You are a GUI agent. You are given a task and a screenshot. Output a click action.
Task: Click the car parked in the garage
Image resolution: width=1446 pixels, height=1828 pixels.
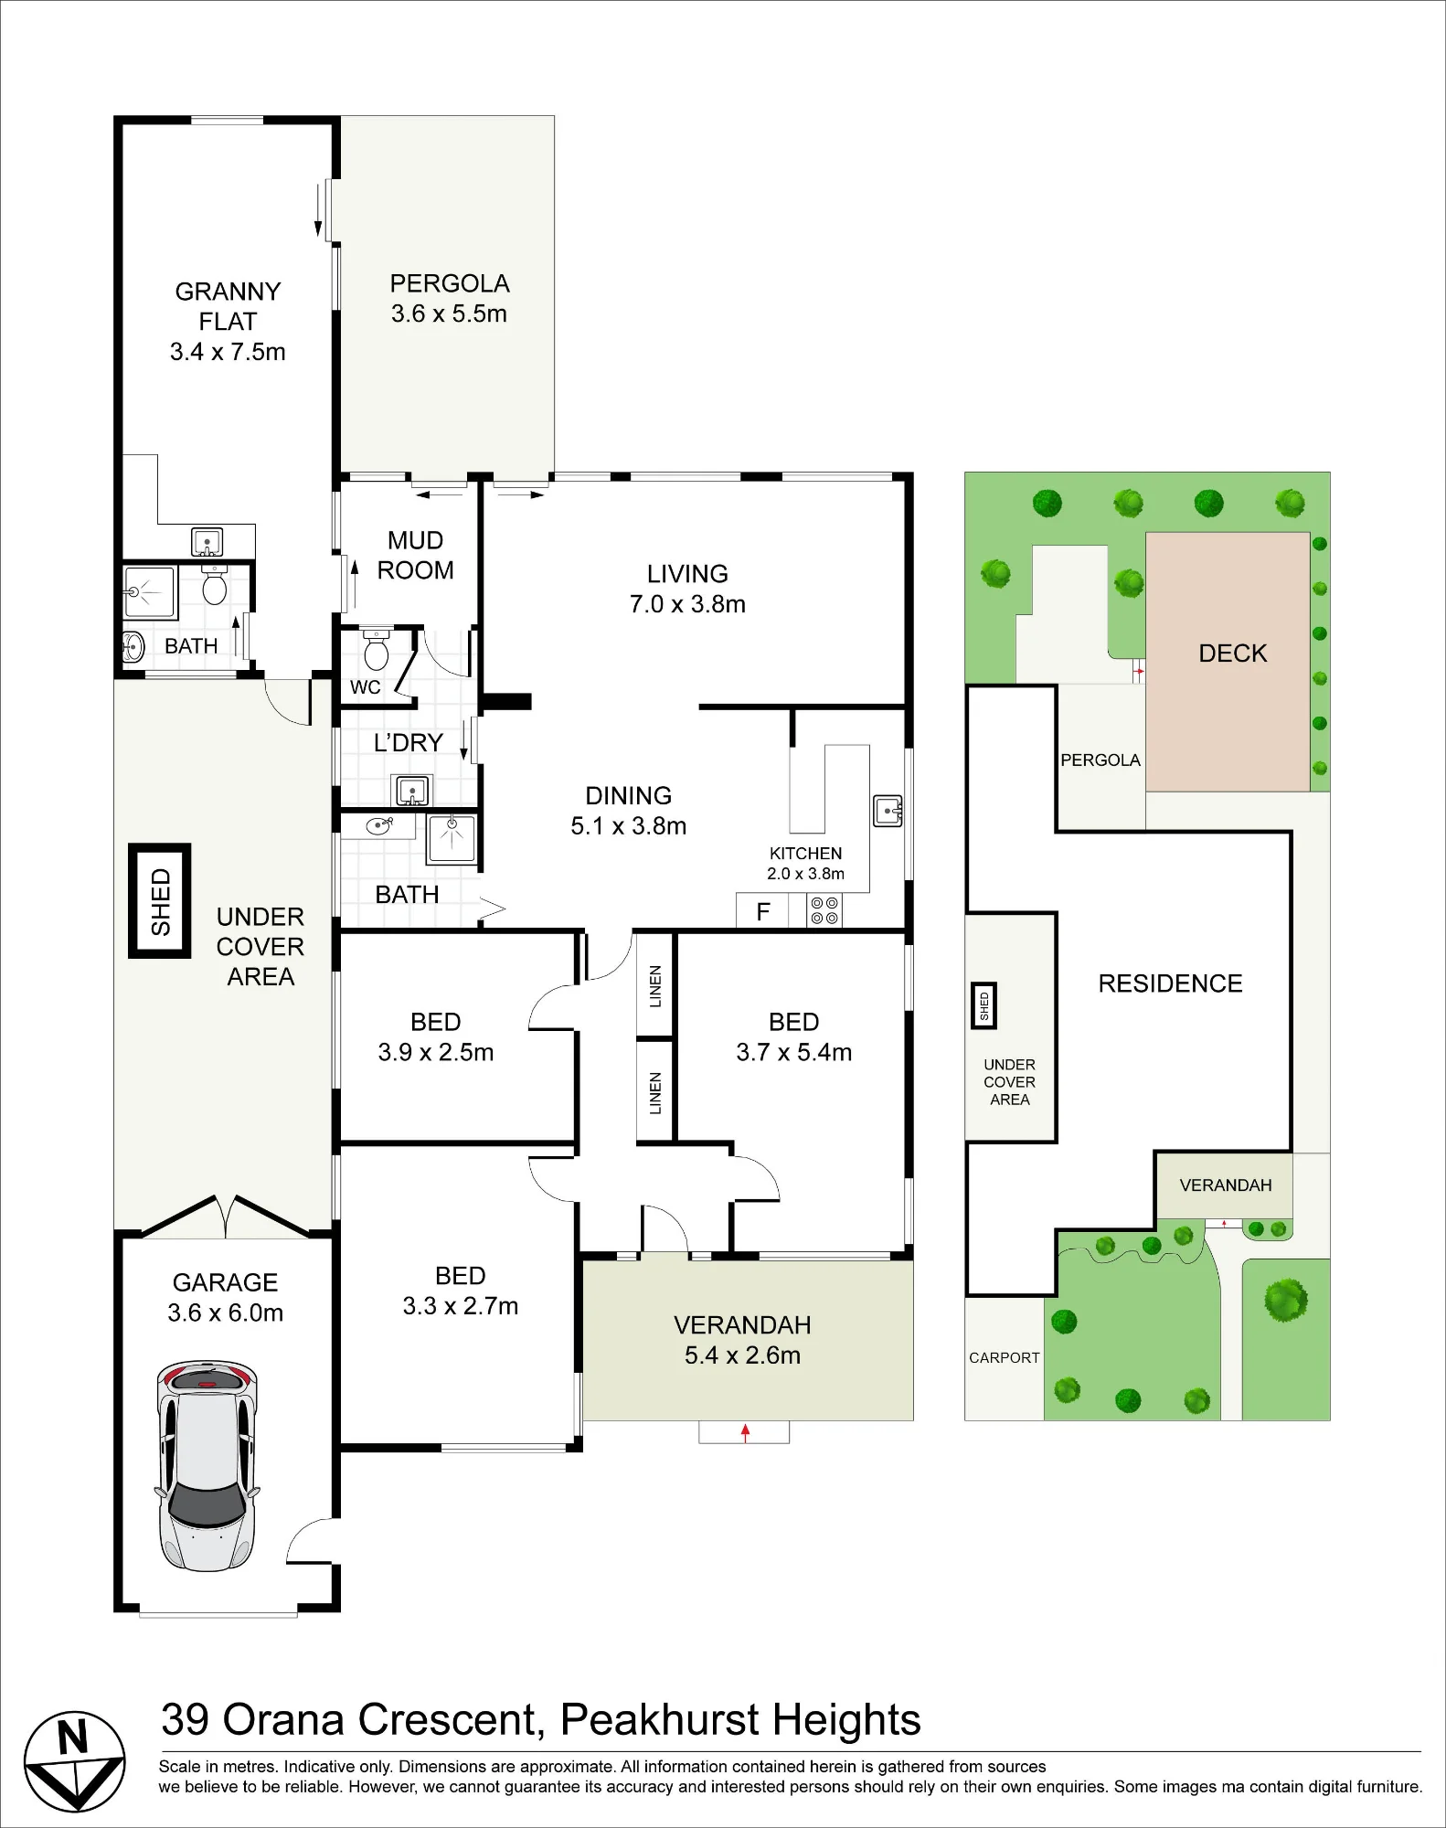(x=207, y=1465)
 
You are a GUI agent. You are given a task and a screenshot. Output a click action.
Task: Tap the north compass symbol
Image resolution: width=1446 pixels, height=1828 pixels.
(x=74, y=1761)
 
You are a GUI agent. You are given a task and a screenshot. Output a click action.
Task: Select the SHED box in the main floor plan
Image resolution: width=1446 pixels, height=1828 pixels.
(x=160, y=900)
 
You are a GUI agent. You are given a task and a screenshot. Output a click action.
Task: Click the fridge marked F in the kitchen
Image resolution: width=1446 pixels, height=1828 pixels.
(x=762, y=911)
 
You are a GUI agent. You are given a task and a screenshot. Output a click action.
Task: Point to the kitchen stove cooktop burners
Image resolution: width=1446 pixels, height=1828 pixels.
(x=824, y=910)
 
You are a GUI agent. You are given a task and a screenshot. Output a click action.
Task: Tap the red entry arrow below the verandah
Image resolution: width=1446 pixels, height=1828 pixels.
(x=745, y=1432)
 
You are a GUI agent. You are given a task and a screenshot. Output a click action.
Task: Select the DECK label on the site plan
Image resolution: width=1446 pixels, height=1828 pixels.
(x=1233, y=654)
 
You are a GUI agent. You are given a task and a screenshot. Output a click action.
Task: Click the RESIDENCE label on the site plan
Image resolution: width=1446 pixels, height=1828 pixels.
(x=1170, y=983)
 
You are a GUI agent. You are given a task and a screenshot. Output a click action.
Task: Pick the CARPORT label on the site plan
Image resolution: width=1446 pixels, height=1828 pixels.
(x=1004, y=1358)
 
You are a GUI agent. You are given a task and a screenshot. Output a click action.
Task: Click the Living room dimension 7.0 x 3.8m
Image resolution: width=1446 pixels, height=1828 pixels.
(x=687, y=604)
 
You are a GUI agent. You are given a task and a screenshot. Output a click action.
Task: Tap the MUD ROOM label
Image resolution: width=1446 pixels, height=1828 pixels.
(x=416, y=555)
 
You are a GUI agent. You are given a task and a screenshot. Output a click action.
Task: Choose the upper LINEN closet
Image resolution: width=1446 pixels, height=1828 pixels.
(x=654, y=985)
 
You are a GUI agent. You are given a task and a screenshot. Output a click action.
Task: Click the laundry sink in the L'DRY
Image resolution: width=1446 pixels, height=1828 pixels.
(x=412, y=790)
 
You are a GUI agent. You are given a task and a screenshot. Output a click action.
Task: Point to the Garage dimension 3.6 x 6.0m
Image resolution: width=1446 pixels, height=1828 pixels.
(x=225, y=1313)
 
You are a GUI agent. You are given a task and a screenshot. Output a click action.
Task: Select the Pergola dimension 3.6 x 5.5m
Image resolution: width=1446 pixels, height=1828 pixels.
(x=449, y=314)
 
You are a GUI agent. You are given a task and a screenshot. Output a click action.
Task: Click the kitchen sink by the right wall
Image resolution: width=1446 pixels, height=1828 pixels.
(x=888, y=811)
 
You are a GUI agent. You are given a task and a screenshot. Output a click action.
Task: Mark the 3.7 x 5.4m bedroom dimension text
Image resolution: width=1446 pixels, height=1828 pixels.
(x=793, y=1052)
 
